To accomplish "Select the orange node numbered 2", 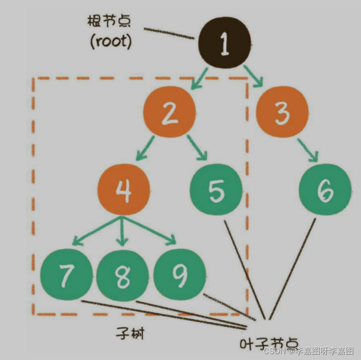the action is (170, 113).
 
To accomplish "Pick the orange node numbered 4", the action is (123, 190).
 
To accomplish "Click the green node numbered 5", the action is (216, 190).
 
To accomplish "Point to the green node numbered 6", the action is (325, 190).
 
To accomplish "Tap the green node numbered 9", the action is (180, 274).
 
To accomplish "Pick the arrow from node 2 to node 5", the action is (197, 148).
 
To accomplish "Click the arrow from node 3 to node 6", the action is (307, 150).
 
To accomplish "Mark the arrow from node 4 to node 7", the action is (94, 231).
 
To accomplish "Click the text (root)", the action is (111, 41).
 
